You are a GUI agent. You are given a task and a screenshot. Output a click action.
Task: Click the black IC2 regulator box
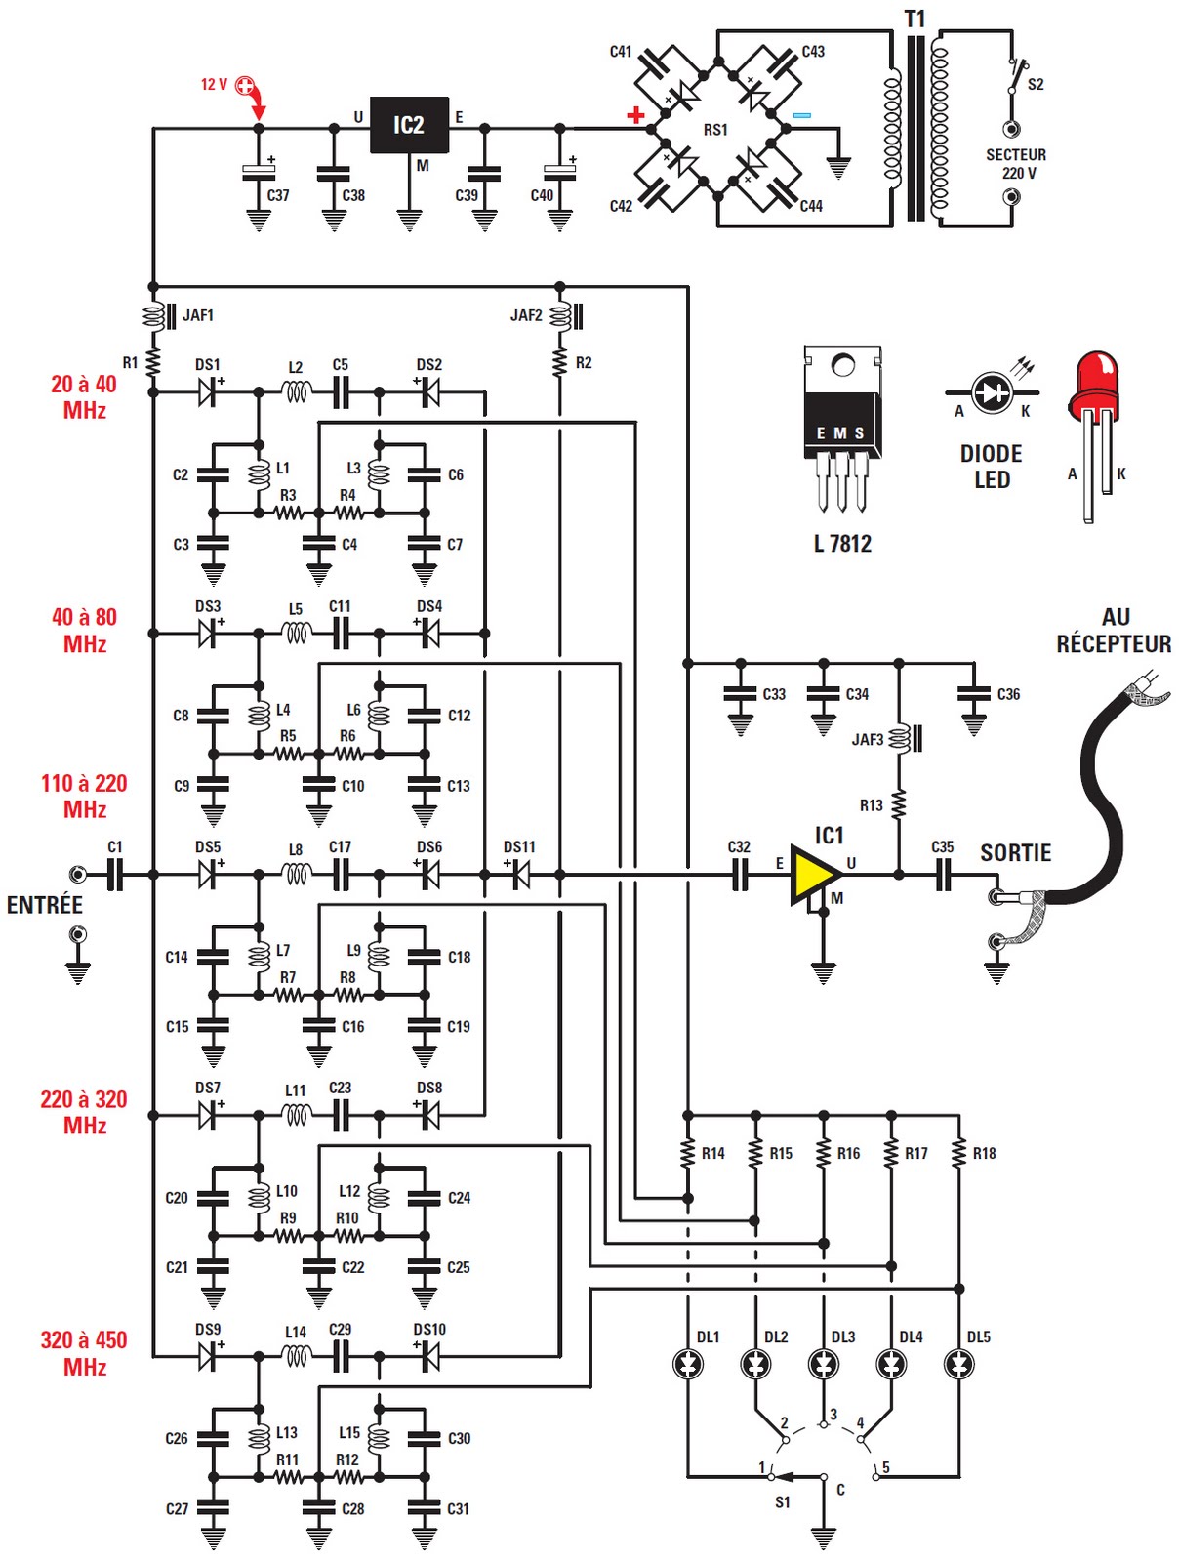(x=409, y=125)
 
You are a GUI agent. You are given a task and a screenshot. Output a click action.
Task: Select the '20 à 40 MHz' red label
(x=84, y=397)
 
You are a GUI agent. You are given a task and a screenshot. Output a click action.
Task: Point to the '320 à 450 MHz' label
(x=84, y=1353)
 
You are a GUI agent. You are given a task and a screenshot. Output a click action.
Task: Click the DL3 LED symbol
(x=824, y=1363)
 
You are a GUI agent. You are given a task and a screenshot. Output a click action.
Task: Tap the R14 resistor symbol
(x=688, y=1153)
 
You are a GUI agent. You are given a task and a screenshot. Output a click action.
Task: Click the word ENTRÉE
(x=45, y=905)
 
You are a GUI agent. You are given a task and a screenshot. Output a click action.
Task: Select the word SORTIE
(x=1015, y=853)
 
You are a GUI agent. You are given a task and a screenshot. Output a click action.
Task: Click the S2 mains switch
(x=1017, y=77)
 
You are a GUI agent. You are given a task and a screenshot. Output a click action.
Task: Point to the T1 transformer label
(x=915, y=19)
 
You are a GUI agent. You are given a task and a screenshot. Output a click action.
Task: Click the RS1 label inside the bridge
(x=715, y=130)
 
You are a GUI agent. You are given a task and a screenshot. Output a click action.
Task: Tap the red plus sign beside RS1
(x=636, y=115)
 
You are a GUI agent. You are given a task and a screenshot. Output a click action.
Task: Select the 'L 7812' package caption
(x=842, y=544)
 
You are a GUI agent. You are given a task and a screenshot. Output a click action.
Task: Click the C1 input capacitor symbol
(x=115, y=875)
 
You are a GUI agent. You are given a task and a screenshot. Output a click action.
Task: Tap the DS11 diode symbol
(x=520, y=875)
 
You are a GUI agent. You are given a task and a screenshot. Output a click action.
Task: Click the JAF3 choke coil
(x=900, y=739)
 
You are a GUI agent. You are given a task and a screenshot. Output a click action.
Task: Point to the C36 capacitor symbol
(x=973, y=695)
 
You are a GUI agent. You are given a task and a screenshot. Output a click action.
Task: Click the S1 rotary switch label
(x=783, y=1502)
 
